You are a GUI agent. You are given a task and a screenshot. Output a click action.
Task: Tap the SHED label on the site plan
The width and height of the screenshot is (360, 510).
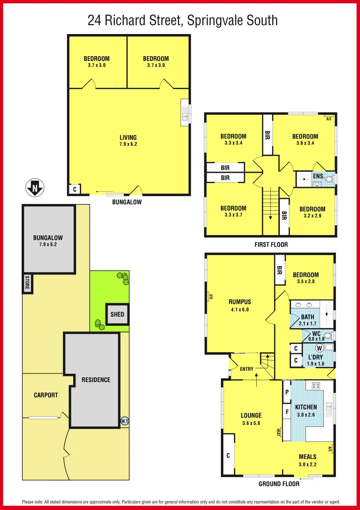tap(117, 314)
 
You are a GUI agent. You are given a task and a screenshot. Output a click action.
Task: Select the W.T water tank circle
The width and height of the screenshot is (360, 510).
tap(125, 421)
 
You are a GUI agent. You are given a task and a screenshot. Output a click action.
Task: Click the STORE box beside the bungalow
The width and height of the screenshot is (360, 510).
tap(27, 284)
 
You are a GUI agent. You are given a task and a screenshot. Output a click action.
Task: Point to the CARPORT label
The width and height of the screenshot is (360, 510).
tap(46, 395)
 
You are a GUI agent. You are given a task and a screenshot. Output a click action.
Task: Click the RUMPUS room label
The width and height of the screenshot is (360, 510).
tap(240, 302)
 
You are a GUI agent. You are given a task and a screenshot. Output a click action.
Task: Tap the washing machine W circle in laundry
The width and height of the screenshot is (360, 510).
tap(319, 348)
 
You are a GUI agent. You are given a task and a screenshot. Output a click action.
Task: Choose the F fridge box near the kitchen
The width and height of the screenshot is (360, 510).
tap(286, 412)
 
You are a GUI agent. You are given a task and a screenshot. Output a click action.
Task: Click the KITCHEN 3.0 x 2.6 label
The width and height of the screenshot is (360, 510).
tap(306, 410)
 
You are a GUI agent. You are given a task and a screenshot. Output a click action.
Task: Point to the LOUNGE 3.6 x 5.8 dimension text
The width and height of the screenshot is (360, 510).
tap(251, 423)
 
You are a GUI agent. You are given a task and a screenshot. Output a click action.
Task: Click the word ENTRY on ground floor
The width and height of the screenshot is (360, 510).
tap(247, 369)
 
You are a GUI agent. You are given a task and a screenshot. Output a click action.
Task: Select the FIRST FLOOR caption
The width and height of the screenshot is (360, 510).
tap(271, 245)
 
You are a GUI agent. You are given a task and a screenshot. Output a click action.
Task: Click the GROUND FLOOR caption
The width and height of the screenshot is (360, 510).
tap(279, 484)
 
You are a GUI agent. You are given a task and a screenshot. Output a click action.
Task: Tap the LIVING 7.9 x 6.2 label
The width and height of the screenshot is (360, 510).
tap(129, 140)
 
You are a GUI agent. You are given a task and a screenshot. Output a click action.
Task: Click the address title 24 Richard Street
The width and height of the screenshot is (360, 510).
tap(183, 20)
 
